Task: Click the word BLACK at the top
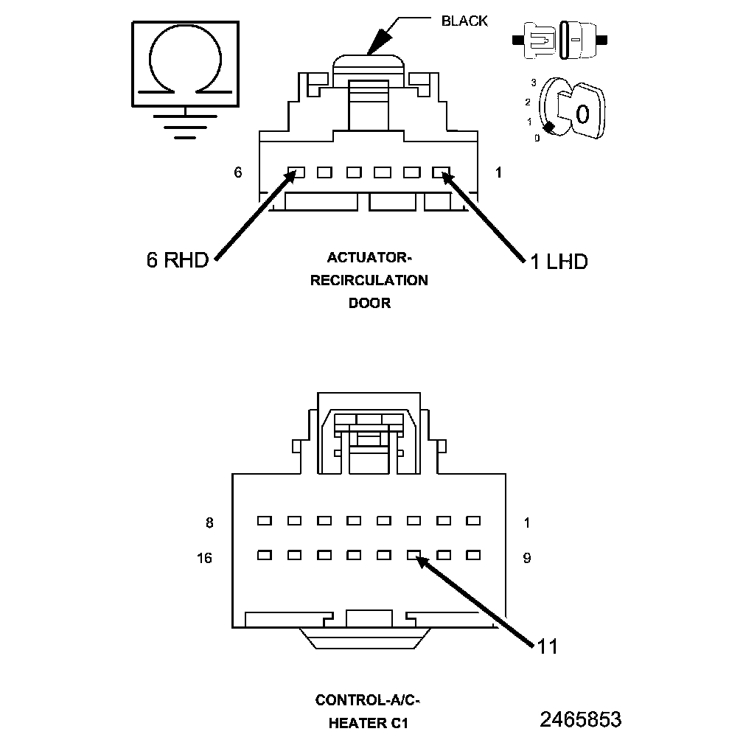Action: click(464, 21)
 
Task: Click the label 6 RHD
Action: click(178, 260)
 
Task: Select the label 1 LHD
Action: click(559, 262)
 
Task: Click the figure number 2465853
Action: click(580, 719)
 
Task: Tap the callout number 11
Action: click(547, 646)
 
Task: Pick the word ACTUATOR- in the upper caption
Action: click(369, 257)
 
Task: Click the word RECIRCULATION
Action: click(369, 280)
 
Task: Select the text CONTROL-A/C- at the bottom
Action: click(368, 699)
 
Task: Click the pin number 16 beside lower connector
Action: click(204, 558)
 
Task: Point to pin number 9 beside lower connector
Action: click(526, 558)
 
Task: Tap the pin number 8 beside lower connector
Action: click(209, 523)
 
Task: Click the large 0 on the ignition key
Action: click(582, 113)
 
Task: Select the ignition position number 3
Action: click(533, 83)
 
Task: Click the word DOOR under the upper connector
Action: click(369, 303)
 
